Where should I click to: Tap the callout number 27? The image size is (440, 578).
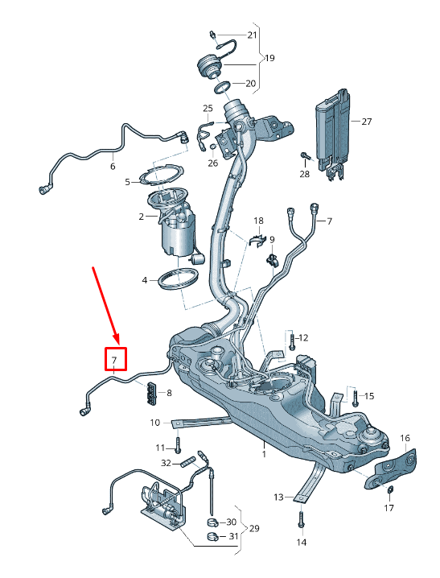coord(366,122)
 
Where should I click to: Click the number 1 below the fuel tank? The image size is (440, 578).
coord(262,454)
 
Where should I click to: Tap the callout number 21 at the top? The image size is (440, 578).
coord(252,35)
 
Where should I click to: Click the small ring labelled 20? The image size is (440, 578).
coord(224,85)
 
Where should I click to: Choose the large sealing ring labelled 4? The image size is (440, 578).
coord(179,281)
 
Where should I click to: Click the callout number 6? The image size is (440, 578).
coord(112,167)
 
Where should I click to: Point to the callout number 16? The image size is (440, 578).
coord(405,438)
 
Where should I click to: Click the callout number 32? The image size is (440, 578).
coord(165,463)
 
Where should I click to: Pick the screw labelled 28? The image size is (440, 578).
coord(306,154)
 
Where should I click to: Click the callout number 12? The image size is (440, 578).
coord(303,337)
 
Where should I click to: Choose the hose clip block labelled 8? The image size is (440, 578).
coord(151,392)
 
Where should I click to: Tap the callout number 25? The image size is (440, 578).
coord(208,108)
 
